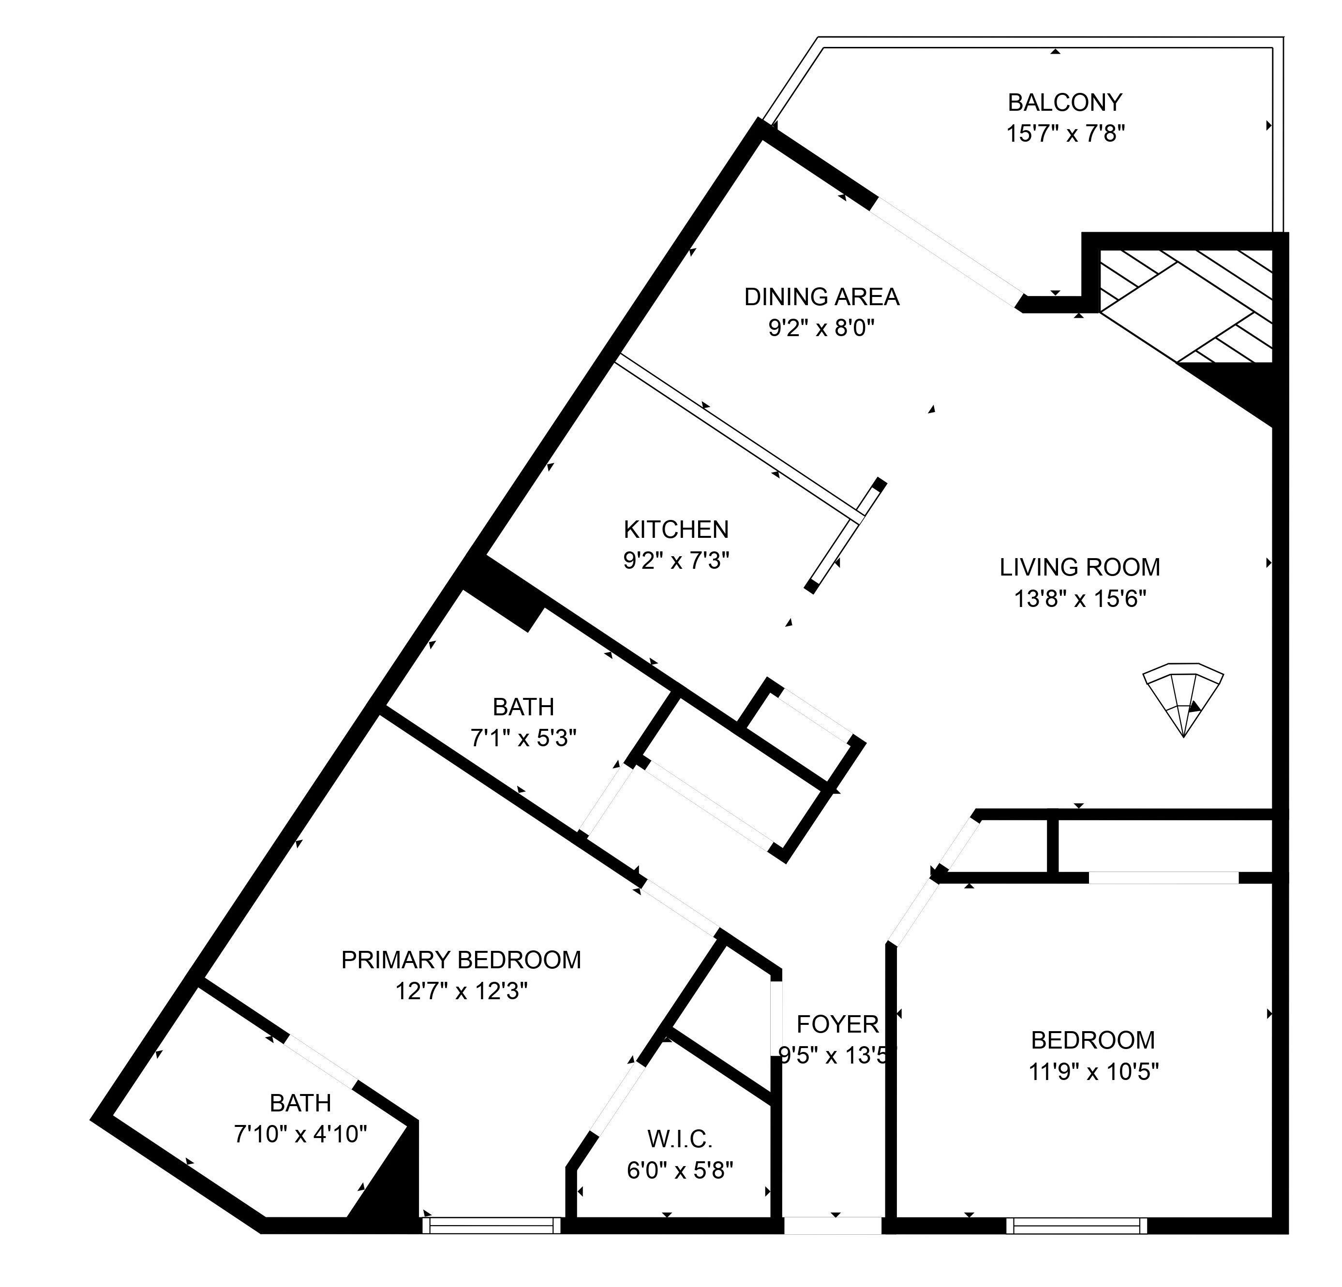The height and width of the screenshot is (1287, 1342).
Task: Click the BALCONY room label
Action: coord(1065,103)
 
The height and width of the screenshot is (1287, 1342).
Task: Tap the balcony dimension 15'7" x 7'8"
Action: coord(1065,133)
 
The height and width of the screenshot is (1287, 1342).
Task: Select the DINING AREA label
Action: coord(821,297)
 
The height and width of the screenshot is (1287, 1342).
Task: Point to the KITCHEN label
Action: coord(676,529)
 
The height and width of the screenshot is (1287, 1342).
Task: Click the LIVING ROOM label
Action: coord(1080,567)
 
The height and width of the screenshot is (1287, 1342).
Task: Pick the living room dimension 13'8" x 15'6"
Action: coord(1080,599)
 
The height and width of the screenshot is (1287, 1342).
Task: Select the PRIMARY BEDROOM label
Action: coord(461,960)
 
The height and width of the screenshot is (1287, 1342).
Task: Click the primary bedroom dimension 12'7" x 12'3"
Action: coord(461,991)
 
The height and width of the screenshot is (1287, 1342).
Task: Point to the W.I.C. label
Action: coord(680,1139)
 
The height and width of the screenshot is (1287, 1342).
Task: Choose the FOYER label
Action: coord(837,1024)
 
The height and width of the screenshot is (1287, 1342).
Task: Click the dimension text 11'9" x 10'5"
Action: coord(1093,1071)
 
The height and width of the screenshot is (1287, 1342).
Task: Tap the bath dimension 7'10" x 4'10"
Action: coord(300,1134)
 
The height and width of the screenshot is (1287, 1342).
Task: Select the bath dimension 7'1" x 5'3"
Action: coord(523,738)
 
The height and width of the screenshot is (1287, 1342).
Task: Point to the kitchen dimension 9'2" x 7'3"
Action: coord(676,561)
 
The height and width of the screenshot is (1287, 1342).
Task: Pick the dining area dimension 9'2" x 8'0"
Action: coord(821,328)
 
